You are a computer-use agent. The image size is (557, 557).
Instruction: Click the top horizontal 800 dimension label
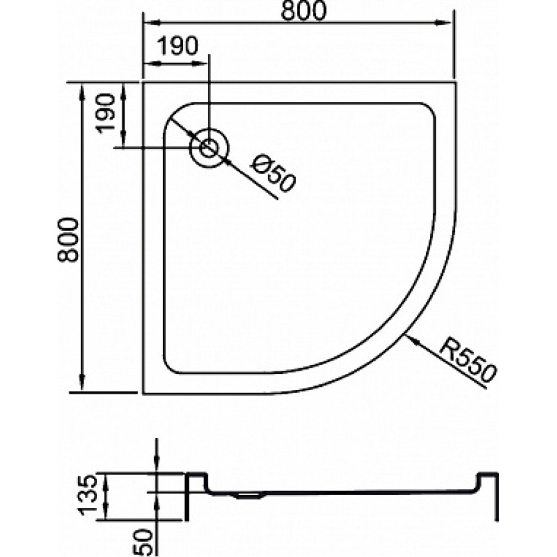(304, 12)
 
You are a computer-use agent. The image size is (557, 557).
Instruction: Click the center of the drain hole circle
(209, 148)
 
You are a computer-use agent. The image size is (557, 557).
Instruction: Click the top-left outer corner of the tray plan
(144, 82)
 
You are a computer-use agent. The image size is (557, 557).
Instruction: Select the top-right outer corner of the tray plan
(456, 82)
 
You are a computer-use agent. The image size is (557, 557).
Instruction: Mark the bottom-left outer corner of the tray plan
(144, 394)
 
